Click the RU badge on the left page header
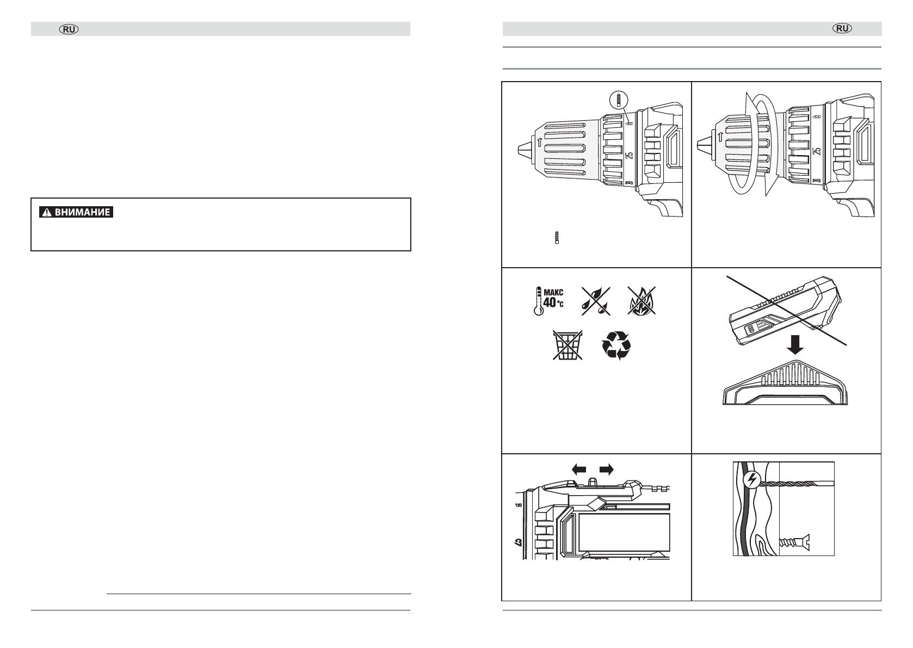coord(69,29)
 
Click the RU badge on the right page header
coord(842,28)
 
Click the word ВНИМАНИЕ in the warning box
coord(82,212)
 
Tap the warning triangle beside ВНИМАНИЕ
coord(47,212)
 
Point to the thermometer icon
coord(538,301)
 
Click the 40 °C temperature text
coord(553,303)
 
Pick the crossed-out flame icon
coord(641,301)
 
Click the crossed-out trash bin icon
coord(567,345)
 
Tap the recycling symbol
coord(616,345)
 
